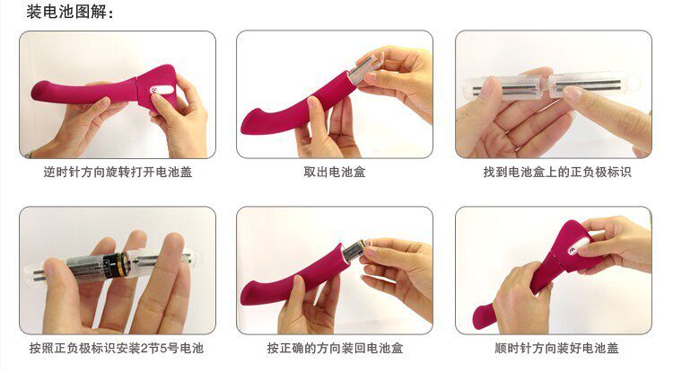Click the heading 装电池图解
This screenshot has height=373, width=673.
tap(66, 12)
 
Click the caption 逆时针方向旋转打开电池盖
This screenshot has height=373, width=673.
tap(118, 173)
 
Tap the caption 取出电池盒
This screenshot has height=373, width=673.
tap(335, 173)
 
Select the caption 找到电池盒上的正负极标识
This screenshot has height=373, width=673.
tap(557, 173)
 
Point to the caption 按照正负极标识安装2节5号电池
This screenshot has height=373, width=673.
tap(117, 348)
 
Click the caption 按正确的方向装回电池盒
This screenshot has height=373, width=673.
tap(335, 348)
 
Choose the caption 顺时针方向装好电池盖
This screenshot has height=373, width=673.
tap(556, 348)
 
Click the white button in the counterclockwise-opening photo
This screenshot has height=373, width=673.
tap(162, 90)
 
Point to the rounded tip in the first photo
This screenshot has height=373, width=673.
tap(39, 91)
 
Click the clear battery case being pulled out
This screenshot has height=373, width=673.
tap(363, 71)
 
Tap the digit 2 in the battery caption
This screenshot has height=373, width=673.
tap(144, 348)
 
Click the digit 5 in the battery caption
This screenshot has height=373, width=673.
tap(163, 348)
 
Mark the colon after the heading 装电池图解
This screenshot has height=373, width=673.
tap(110, 13)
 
